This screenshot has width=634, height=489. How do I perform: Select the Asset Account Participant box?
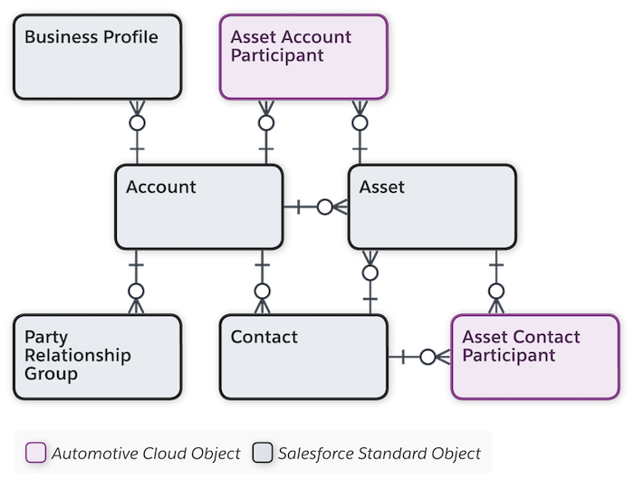click(x=303, y=55)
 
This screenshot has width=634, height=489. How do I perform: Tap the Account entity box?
click(x=198, y=206)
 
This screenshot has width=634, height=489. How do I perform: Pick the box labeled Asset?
click(x=433, y=206)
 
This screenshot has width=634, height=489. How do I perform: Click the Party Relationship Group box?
click(x=95, y=355)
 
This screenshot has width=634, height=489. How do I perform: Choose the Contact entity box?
click(x=303, y=355)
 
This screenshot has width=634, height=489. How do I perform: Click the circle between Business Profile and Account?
click(x=136, y=121)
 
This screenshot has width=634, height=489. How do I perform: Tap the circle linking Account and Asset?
click(x=323, y=206)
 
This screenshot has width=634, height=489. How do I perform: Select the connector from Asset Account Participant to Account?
click(x=265, y=121)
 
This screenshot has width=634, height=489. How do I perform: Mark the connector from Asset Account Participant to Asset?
click(x=360, y=121)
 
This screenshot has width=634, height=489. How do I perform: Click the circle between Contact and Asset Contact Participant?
click(x=427, y=356)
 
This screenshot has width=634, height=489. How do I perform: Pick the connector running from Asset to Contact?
click(x=370, y=272)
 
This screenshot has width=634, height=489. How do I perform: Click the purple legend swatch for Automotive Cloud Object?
click(x=36, y=452)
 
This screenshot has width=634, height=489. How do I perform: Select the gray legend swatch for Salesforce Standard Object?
click(x=262, y=452)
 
